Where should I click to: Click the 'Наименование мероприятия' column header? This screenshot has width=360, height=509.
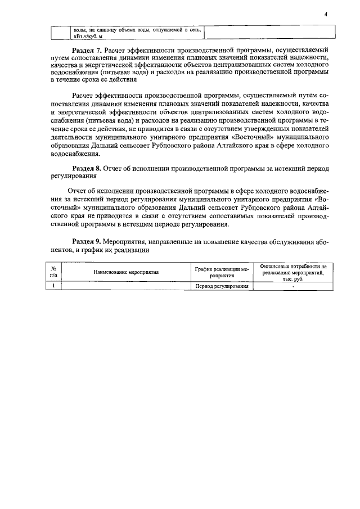pos(126,272)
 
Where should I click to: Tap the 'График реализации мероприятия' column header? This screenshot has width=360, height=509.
pos(222,273)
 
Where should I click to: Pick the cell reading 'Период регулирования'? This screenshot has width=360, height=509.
pos(222,286)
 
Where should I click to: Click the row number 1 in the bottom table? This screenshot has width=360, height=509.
pos(53,286)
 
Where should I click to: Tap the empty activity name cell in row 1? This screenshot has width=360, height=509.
pos(126,286)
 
